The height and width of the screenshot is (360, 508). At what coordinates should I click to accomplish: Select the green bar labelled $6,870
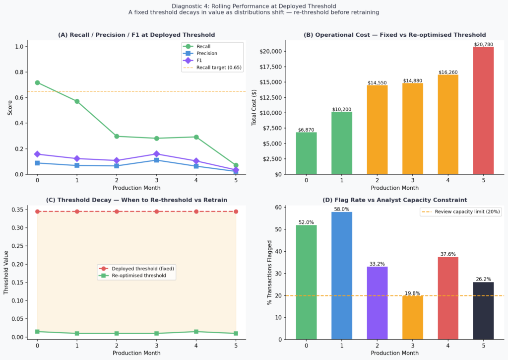pos(306,153)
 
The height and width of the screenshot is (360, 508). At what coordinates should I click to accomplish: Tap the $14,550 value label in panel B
pos(377,82)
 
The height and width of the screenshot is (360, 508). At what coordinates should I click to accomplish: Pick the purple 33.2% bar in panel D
pos(377,303)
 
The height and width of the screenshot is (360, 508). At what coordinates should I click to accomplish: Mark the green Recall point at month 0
pos(37,82)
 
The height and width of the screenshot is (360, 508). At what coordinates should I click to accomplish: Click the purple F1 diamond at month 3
pos(156,154)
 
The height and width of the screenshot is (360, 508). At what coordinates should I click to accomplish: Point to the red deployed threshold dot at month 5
pos(236,212)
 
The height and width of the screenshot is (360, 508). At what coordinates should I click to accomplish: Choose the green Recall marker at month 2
pos(117,136)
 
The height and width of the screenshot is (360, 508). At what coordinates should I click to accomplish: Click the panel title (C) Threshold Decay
pos(136,200)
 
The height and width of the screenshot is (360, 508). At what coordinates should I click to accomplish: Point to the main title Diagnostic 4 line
pos(254,6)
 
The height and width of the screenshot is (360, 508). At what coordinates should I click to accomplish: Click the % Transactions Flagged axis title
pos(270,273)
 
